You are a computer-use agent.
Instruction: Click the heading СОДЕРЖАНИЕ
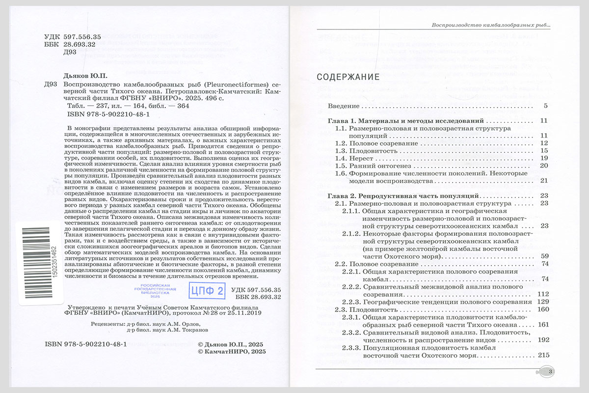(348, 77)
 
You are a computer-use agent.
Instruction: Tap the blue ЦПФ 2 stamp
(207, 291)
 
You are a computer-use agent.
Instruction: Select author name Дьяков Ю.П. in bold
(86, 76)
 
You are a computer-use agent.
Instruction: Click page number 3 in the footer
(551, 372)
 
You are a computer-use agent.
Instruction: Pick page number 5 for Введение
(545, 106)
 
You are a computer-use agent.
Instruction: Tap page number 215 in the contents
(543, 355)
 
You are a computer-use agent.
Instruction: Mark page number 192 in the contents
(543, 340)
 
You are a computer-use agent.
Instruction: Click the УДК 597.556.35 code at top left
(72, 36)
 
